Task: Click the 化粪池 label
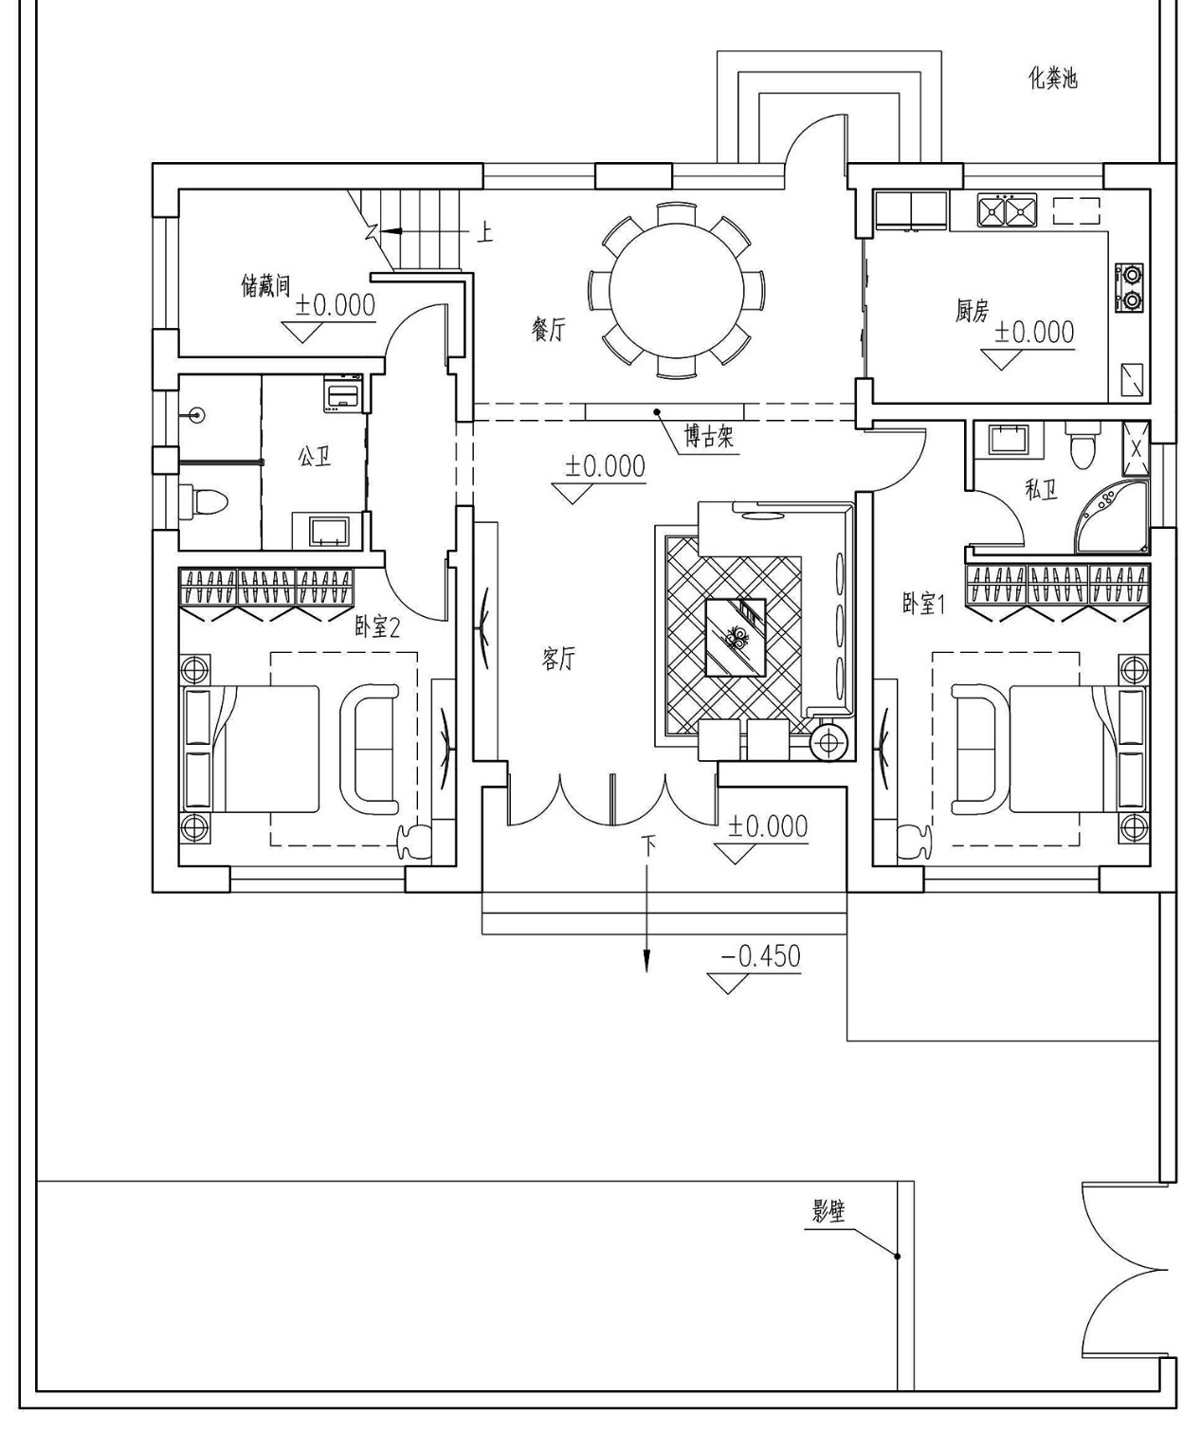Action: [1053, 78]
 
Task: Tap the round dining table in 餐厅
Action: [676, 290]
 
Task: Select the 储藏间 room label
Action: [265, 284]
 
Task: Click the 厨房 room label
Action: [972, 310]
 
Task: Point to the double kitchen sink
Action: [1006, 209]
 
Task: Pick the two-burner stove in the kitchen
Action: [1131, 288]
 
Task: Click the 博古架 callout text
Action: [710, 438]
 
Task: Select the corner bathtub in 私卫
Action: [1112, 516]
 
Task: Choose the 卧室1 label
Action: [923, 604]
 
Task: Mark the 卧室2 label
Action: [377, 626]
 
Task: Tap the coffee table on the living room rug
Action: [736, 637]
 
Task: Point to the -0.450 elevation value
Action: [760, 956]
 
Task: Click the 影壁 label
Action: [828, 1211]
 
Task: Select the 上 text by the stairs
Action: [484, 231]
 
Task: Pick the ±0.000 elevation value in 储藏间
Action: [336, 305]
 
